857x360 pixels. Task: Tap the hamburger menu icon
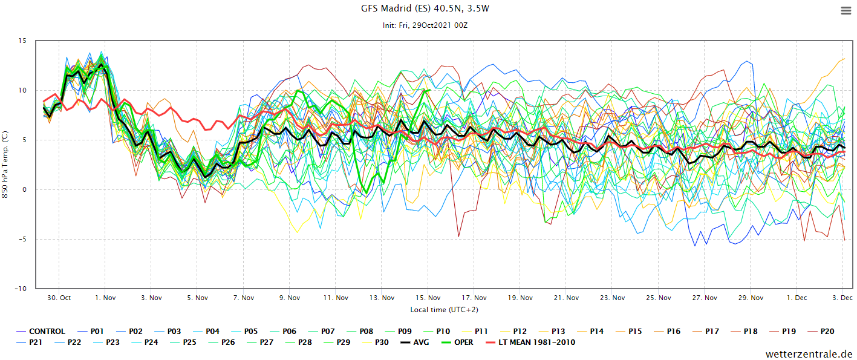coord(846,10)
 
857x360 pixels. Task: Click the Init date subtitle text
coord(426,25)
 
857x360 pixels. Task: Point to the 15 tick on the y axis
coord(22,41)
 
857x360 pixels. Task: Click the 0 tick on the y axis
coord(24,190)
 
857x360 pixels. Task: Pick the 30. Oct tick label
coord(59,298)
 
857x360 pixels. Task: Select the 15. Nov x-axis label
coord(428,298)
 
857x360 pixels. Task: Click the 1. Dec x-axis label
coord(797,298)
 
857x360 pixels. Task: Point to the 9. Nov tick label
coord(290,298)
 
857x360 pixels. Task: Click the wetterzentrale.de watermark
coord(809,354)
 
